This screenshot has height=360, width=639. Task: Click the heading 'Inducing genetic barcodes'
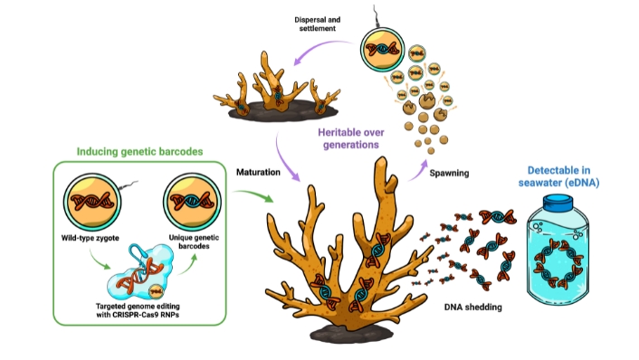click(139, 151)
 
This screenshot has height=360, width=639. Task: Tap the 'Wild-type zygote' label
click(91, 237)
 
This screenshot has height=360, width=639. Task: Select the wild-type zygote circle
click(91, 202)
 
